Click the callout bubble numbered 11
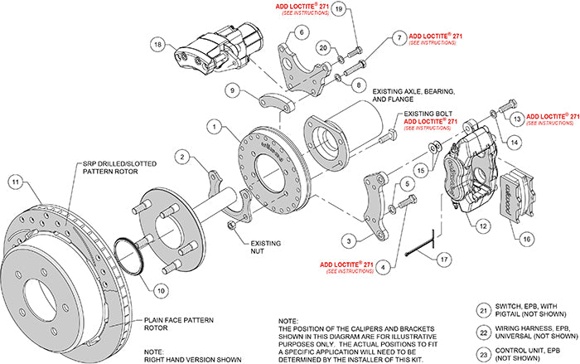pyautogui.click(x=14, y=182)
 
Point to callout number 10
pyautogui.click(x=160, y=289)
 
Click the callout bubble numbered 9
pyautogui.click(x=234, y=90)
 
